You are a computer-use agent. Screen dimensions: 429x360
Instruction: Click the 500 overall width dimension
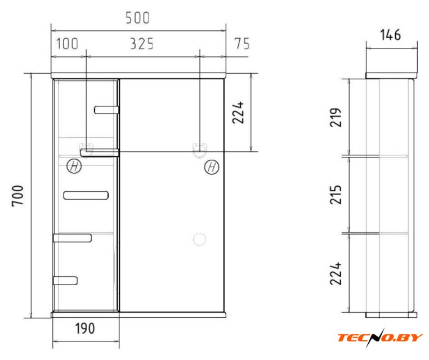137,18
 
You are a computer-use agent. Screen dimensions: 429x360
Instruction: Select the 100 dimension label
68,44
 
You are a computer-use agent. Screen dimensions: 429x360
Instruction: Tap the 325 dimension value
142,44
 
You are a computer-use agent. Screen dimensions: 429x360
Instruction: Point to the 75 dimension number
242,44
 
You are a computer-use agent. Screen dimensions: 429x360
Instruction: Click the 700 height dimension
18,196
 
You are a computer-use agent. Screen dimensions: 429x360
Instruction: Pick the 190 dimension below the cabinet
85,328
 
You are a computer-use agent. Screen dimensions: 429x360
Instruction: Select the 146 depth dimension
391,35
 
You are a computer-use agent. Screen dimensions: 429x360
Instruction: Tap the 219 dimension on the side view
336,118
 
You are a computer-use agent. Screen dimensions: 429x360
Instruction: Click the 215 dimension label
336,195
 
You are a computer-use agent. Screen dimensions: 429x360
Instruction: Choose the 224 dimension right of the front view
238,112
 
